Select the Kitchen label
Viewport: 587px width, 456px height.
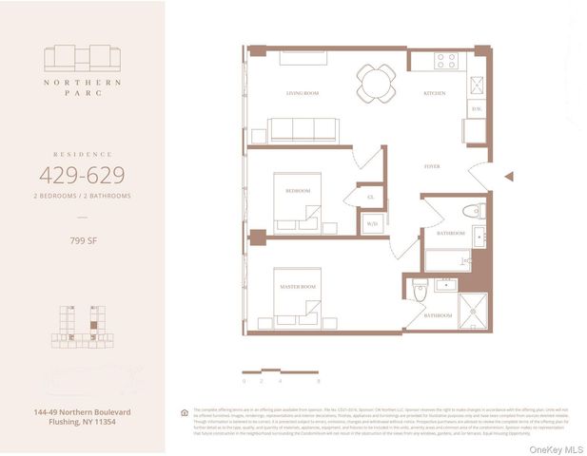pyautogui.click(x=434, y=93)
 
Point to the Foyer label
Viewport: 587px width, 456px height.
pyautogui.click(x=432, y=166)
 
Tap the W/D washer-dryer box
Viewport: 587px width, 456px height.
pyautogui.click(x=372, y=224)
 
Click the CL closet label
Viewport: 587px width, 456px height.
pyautogui.click(x=371, y=198)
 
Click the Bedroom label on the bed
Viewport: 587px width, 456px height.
pyautogui.click(x=298, y=191)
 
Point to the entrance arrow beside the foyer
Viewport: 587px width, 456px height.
pyautogui.click(x=509, y=176)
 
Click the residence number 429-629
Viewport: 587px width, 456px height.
pyautogui.click(x=81, y=174)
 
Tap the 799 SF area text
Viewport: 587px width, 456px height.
pyautogui.click(x=81, y=241)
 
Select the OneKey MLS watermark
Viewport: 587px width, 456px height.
pyautogui.click(x=560, y=447)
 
